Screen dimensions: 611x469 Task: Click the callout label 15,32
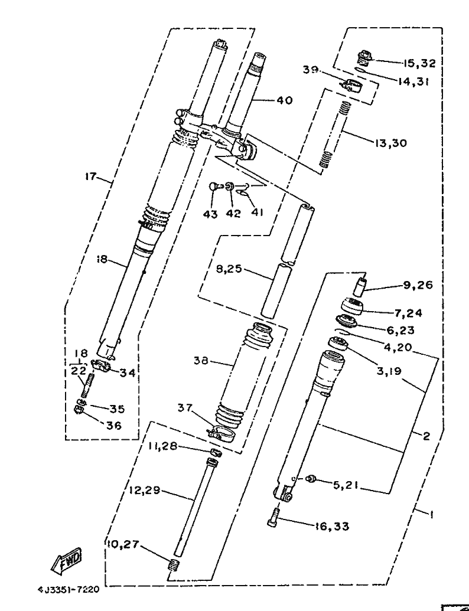(x=419, y=63)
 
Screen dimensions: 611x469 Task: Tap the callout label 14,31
(x=413, y=82)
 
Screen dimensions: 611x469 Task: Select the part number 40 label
(x=284, y=100)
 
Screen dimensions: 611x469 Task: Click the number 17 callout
(x=90, y=176)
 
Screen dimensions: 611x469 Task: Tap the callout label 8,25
(x=230, y=269)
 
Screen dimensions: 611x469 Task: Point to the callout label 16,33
(x=333, y=526)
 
